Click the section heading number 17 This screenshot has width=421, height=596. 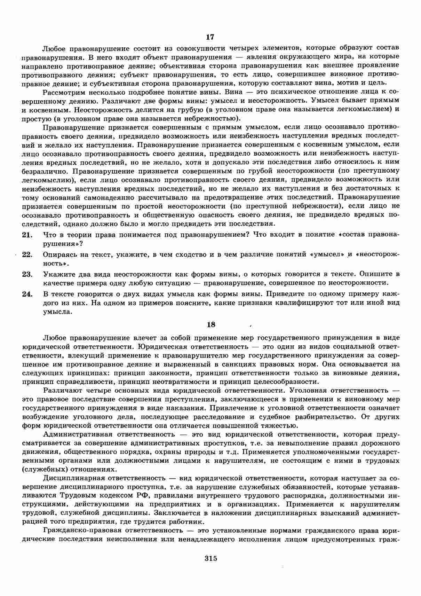(210, 37)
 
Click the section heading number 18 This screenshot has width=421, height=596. (211, 324)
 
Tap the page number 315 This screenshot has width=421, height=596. (211, 558)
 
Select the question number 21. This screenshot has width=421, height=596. (27, 235)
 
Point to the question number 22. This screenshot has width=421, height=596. (27, 254)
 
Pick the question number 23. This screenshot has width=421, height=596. (27, 274)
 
